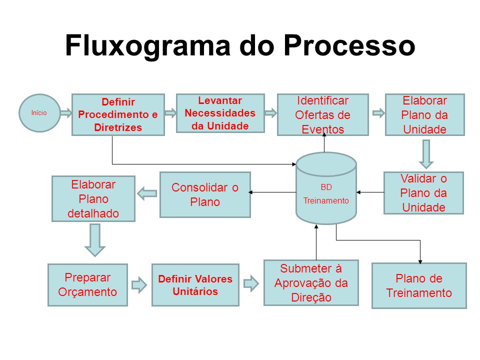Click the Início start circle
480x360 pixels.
[39, 113]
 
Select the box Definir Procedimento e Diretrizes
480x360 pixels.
[118, 114]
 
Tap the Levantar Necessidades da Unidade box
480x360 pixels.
[220, 113]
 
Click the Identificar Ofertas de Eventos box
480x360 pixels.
[322, 114]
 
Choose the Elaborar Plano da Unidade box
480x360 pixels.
[424, 114]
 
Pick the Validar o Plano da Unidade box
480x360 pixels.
[423, 192]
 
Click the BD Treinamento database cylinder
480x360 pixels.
[326, 188]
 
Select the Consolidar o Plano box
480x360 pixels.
[205, 194]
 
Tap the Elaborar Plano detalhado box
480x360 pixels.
[93, 198]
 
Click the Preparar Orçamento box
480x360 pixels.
[87, 284]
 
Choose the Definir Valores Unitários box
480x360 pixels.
[195, 284]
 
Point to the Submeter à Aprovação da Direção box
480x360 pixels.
[311, 282]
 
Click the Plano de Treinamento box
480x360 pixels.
[419, 285]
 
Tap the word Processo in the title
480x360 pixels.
[349, 46]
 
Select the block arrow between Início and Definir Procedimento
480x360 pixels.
[66, 113]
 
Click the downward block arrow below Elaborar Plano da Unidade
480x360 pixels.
[425, 153]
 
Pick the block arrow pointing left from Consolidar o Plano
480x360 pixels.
[147, 193]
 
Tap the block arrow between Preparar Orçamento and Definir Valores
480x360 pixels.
[139, 284]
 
